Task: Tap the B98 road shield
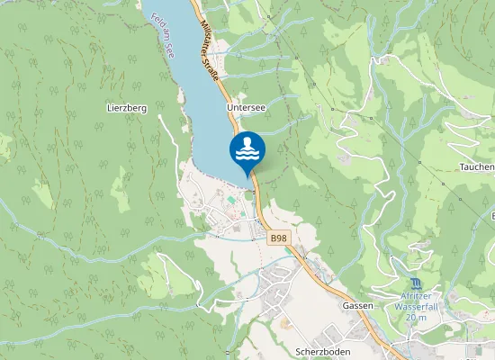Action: pyautogui.click(x=279, y=238)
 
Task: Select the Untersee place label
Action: pyautogui.click(x=246, y=106)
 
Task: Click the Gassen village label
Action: pyautogui.click(x=357, y=306)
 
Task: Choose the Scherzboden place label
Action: pyautogui.click(x=322, y=350)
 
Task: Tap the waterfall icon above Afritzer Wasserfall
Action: pyautogui.click(x=413, y=283)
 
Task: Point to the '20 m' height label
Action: pyautogui.click(x=415, y=317)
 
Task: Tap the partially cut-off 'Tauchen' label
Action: pyautogui.click(x=476, y=167)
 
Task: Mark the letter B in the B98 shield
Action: pyautogui.click(x=274, y=238)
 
